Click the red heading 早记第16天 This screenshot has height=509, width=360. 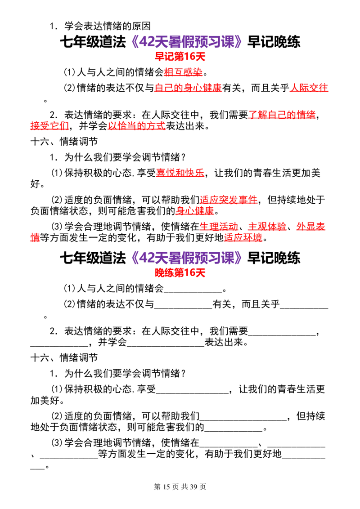(x=180, y=57)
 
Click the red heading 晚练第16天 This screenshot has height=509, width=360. (x=180, y=272)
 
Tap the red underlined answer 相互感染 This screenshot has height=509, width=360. (x=183, y=72)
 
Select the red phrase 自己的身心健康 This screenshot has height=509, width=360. (x=188, y=88)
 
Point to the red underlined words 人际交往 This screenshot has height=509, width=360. (x=309, y=88)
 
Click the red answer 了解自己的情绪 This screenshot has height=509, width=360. (x=282, y=115)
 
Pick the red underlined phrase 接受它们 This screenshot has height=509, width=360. (x=49, y=125)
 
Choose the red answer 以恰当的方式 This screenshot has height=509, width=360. (x=137, y=125)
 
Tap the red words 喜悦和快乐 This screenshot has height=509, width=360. (x=180, y=173)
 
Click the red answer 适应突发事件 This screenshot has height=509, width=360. (x=229, y=200)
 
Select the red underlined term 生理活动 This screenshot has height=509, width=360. (x=219, y=227)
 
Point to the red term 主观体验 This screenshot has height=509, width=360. (x=267, y=227)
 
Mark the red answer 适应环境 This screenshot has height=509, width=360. (x=243, y=237)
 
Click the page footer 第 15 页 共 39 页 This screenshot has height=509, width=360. (x=180, y=487)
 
